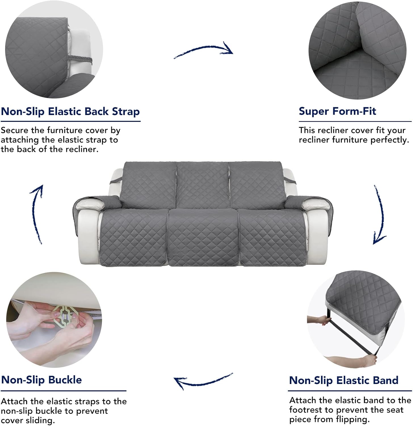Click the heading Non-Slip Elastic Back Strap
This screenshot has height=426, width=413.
[70, 112]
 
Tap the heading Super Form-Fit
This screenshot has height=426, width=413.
[337, 111]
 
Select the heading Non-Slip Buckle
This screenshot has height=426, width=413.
[41, 380]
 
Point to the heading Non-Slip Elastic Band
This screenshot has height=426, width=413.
[344, 380]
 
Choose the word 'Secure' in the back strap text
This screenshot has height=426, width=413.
[15, 130]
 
